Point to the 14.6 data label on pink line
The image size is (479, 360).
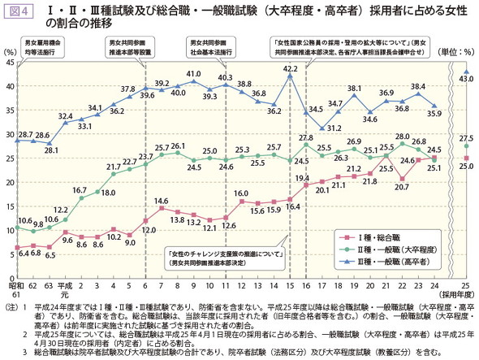point(161,200)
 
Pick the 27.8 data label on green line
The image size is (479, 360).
point(306,138)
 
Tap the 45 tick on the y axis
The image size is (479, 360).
point(10,63)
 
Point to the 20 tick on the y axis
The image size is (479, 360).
point(10,178)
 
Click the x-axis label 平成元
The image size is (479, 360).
point(68,288)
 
